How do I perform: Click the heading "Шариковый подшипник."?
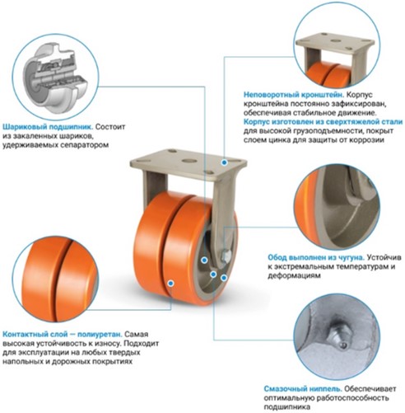(49, 127)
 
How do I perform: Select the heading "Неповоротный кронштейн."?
(294, 95)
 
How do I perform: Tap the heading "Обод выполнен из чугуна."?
(316, 257)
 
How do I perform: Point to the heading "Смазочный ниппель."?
(303, 389)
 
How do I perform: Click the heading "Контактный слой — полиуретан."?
(63, 334)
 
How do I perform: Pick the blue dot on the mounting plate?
(224, 162)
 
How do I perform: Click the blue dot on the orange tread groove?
(170, 283)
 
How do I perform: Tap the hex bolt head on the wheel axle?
(226, 256)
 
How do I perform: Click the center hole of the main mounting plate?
(189, 161)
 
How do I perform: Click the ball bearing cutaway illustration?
(55, 77)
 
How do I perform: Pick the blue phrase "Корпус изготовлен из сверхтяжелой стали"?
(323, 122)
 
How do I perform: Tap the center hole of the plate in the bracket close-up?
(335, 40)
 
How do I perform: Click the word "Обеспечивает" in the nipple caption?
(370, 389)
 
